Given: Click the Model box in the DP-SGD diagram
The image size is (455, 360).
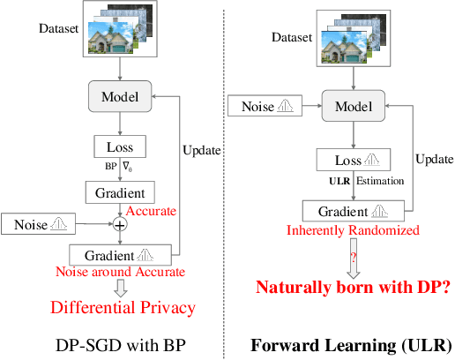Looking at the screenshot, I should click(x=124, y=94).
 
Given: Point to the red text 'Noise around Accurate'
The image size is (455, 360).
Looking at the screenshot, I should click(x=123, y=272).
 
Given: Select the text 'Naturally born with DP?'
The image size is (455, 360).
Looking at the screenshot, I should click(x=352, y=287).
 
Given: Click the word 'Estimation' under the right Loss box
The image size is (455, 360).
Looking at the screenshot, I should click(x=380, y=182).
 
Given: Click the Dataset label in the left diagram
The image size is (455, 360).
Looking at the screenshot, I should click(x=57, y=27).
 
